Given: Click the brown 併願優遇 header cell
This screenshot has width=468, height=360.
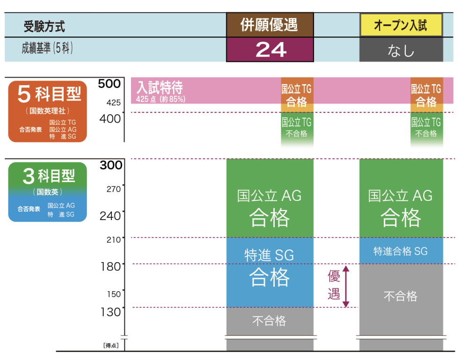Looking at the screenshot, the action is point(270,25).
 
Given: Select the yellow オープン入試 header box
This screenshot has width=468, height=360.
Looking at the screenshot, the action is point(401,25).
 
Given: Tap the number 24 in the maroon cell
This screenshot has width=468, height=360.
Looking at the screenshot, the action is point(271,50).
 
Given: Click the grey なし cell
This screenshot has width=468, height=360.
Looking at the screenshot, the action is point(401,50).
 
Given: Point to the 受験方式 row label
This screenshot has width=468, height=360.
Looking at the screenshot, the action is point(44,26).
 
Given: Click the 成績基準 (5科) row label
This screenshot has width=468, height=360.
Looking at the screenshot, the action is point(47,48).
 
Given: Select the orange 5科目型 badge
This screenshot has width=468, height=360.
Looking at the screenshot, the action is point(47,111).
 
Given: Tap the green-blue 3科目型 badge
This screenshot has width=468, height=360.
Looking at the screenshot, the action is point(47,192).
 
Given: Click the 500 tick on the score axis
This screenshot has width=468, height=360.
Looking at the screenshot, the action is point(109,84).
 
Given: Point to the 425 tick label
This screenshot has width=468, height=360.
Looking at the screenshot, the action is point(113,103).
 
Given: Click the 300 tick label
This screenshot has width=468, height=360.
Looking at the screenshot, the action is point(111,165).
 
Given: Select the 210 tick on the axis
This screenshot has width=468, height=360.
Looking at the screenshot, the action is point(113,239).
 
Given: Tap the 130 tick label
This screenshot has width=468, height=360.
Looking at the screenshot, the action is point(110,312).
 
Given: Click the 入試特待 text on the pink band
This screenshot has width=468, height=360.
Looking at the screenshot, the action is point(160,88).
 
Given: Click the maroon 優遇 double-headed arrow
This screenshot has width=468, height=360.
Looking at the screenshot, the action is point(346,287).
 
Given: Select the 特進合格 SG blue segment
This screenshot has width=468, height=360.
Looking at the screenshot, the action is point(401,251).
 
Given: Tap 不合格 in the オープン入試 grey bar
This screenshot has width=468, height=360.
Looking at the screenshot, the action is point(401,296).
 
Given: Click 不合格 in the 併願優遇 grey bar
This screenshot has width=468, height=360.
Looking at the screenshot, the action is point(269,321).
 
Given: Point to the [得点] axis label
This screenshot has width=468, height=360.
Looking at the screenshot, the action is point(111,345).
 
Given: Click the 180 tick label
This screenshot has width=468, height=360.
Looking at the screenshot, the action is point(110,266).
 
